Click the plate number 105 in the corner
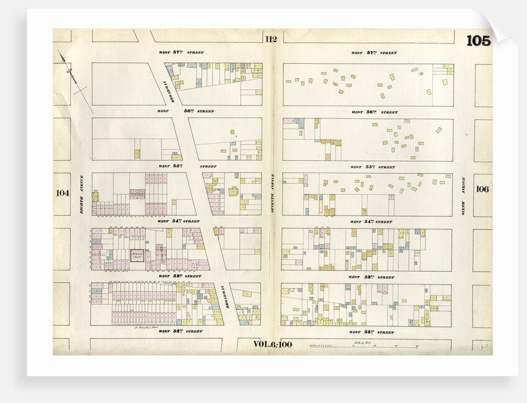[x=478, y=41]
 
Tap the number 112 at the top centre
[x=270, y=39]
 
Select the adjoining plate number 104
[x=62, y=193]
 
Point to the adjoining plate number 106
[x=483, y=189]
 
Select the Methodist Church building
[x=136, y=254]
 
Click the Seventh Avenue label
[x=272, y=193]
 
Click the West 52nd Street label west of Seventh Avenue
[x=180, y=332]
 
